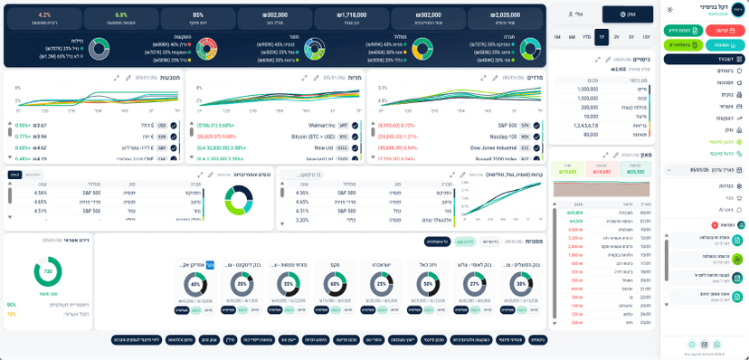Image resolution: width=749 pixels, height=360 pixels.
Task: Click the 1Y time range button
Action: click(602, 37)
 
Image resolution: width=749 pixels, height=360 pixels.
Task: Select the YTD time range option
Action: click(587, 37)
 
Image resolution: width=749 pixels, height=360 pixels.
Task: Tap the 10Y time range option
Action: click(646, 37)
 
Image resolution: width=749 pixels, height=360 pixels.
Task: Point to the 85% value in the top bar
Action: click(198, 15)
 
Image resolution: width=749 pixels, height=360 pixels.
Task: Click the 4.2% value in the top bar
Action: click(44, 15)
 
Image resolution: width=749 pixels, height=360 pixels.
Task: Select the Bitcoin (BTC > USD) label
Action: click(313, 137)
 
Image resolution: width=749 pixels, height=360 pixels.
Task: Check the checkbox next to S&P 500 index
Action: click(537, 126)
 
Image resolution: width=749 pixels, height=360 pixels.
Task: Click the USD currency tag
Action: click(162, 126)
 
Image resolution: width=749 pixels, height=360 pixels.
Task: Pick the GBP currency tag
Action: click(162, 147)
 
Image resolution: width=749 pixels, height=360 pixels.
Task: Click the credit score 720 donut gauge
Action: click(47, 270)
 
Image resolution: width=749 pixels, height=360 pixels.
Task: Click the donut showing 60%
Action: click(335, 284)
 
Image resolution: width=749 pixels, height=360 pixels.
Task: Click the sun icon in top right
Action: click(668, 9)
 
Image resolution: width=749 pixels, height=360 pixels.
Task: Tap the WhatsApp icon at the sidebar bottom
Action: click(717, 345)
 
